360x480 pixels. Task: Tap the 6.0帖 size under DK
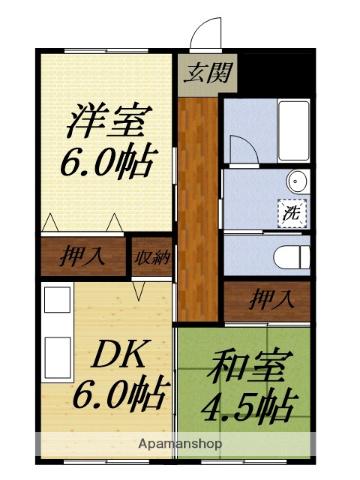pyautogui.click(x=117, y=394)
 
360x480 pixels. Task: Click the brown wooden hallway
pyautogui.click(x=201, y=200)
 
